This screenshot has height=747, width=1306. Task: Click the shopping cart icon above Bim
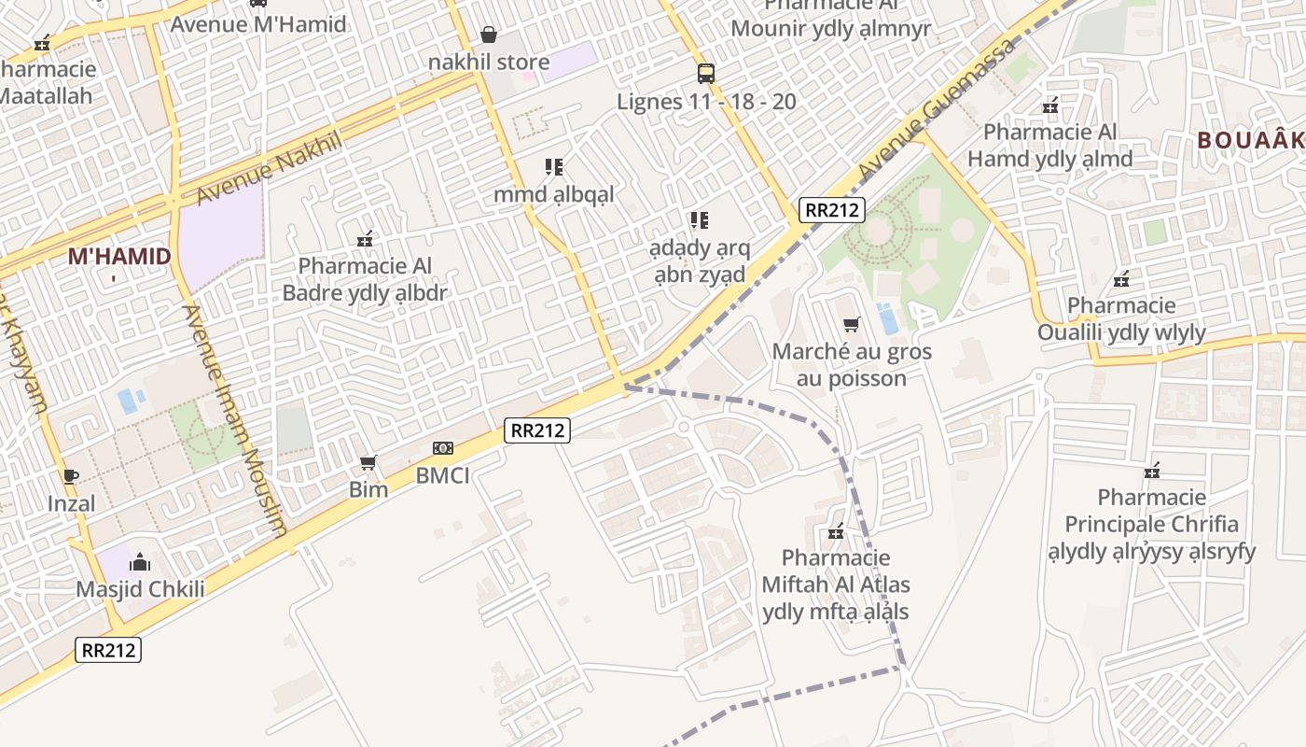tap(368, 463)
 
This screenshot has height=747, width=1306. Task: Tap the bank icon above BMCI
tap(443, 448)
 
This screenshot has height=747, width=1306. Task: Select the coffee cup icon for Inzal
tap(71, 477)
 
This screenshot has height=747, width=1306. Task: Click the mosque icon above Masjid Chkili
tap(140, 562)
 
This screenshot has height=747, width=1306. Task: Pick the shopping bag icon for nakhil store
tap(489, 35)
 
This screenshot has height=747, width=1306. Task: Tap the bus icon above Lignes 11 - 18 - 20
tap(706, 73)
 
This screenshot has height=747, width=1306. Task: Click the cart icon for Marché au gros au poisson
tap(851, 325)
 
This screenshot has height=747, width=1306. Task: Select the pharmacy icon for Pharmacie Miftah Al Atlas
tap(836, 531)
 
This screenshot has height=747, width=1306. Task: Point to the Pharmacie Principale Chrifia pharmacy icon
tap(1152, 470)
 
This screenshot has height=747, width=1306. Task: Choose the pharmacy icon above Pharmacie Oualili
tap(1121, 278)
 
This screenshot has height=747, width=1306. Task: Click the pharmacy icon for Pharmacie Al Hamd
tap(1050, 105)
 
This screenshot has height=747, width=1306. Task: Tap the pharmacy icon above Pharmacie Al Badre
tap(365, 239)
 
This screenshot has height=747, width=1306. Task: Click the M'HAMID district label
tap(119, 257)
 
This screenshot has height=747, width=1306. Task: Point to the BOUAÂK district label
tap(1250, 140)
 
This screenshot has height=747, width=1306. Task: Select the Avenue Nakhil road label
tap(271, 168)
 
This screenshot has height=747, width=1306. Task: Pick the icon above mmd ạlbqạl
tap(554, 167)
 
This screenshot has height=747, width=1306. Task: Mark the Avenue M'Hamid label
tap(258, 24)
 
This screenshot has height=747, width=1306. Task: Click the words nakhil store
tap(489, 63)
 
